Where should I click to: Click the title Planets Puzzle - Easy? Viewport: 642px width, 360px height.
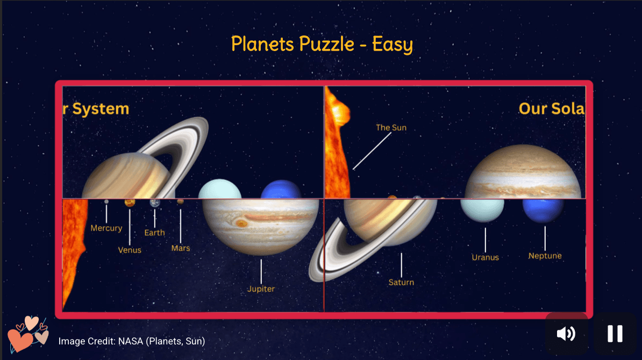tap(322, 44)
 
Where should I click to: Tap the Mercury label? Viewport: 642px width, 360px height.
tap(106, 228)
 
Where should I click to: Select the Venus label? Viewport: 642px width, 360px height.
tap(130, 250)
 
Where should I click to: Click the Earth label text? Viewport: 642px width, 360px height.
tap(154, 233)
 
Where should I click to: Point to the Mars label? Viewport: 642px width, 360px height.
tap(180, 248)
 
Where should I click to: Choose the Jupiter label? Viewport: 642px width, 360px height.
tap(261, 289)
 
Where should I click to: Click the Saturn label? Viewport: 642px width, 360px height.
tap(401, 282)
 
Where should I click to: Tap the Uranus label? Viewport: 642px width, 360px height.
tap(485, 257)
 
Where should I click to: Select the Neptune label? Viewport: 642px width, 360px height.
tap(545, 256)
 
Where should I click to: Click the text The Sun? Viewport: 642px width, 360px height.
tap(391, 127)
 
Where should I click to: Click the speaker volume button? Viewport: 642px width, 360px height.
tap(566, 334)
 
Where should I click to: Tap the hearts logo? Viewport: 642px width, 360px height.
tap(28, 334)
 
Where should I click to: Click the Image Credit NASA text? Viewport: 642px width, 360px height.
tap(132, 341)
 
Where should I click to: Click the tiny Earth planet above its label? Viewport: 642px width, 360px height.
tap(155, 203)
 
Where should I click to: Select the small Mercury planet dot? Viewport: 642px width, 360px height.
tap(106, 202)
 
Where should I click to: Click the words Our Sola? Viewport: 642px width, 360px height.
tap(551, 109)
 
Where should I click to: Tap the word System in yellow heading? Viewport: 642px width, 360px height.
tap(101, 109)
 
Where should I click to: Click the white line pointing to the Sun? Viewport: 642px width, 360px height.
tap(372, 151)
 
